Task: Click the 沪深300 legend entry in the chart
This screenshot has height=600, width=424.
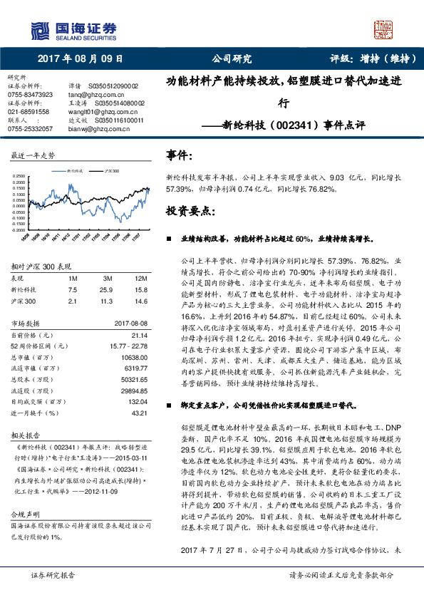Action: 111,172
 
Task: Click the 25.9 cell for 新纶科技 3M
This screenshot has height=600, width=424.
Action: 108,289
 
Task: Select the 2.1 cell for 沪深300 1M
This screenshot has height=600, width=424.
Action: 72,300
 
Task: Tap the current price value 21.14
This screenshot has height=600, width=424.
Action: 140,334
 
